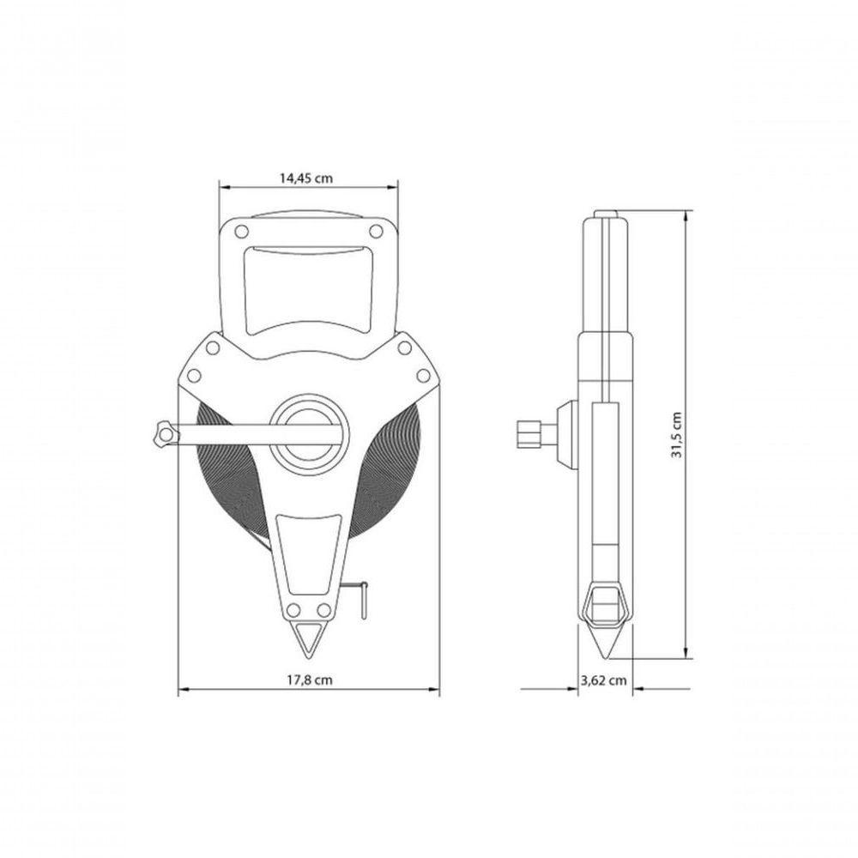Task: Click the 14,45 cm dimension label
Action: (x=306, y=178)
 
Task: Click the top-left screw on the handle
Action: (x=241, y=232)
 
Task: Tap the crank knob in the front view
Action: (x=161, y=435)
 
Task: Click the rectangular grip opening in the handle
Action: (x=309, y=287)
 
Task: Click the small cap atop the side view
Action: (x=607, y=214)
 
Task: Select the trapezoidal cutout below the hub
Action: (x=308, y=553)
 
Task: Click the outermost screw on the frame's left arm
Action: (x=194, y=374)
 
